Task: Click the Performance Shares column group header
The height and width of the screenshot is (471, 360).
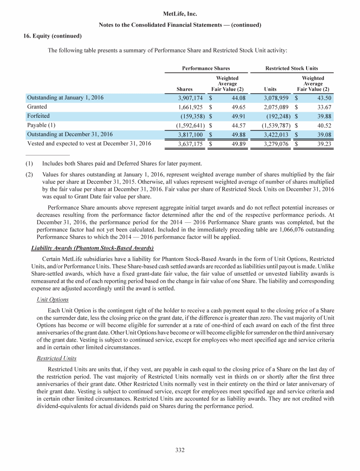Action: tap(206, 68)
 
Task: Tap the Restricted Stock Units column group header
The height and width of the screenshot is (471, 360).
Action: tap(292, 68)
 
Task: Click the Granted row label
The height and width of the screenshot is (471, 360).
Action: tap(37, 107)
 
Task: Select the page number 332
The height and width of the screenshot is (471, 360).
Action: tap(180, 450)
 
